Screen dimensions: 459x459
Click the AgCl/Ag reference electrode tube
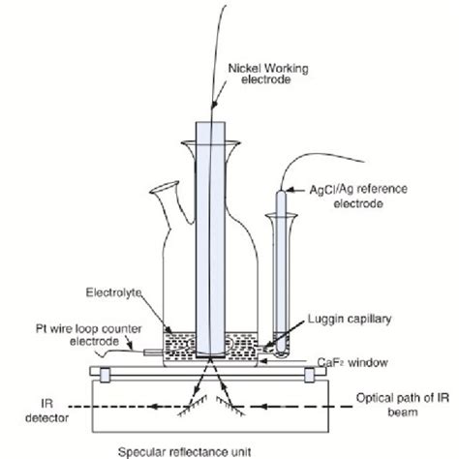pyautogui.click(x=277, y=271)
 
